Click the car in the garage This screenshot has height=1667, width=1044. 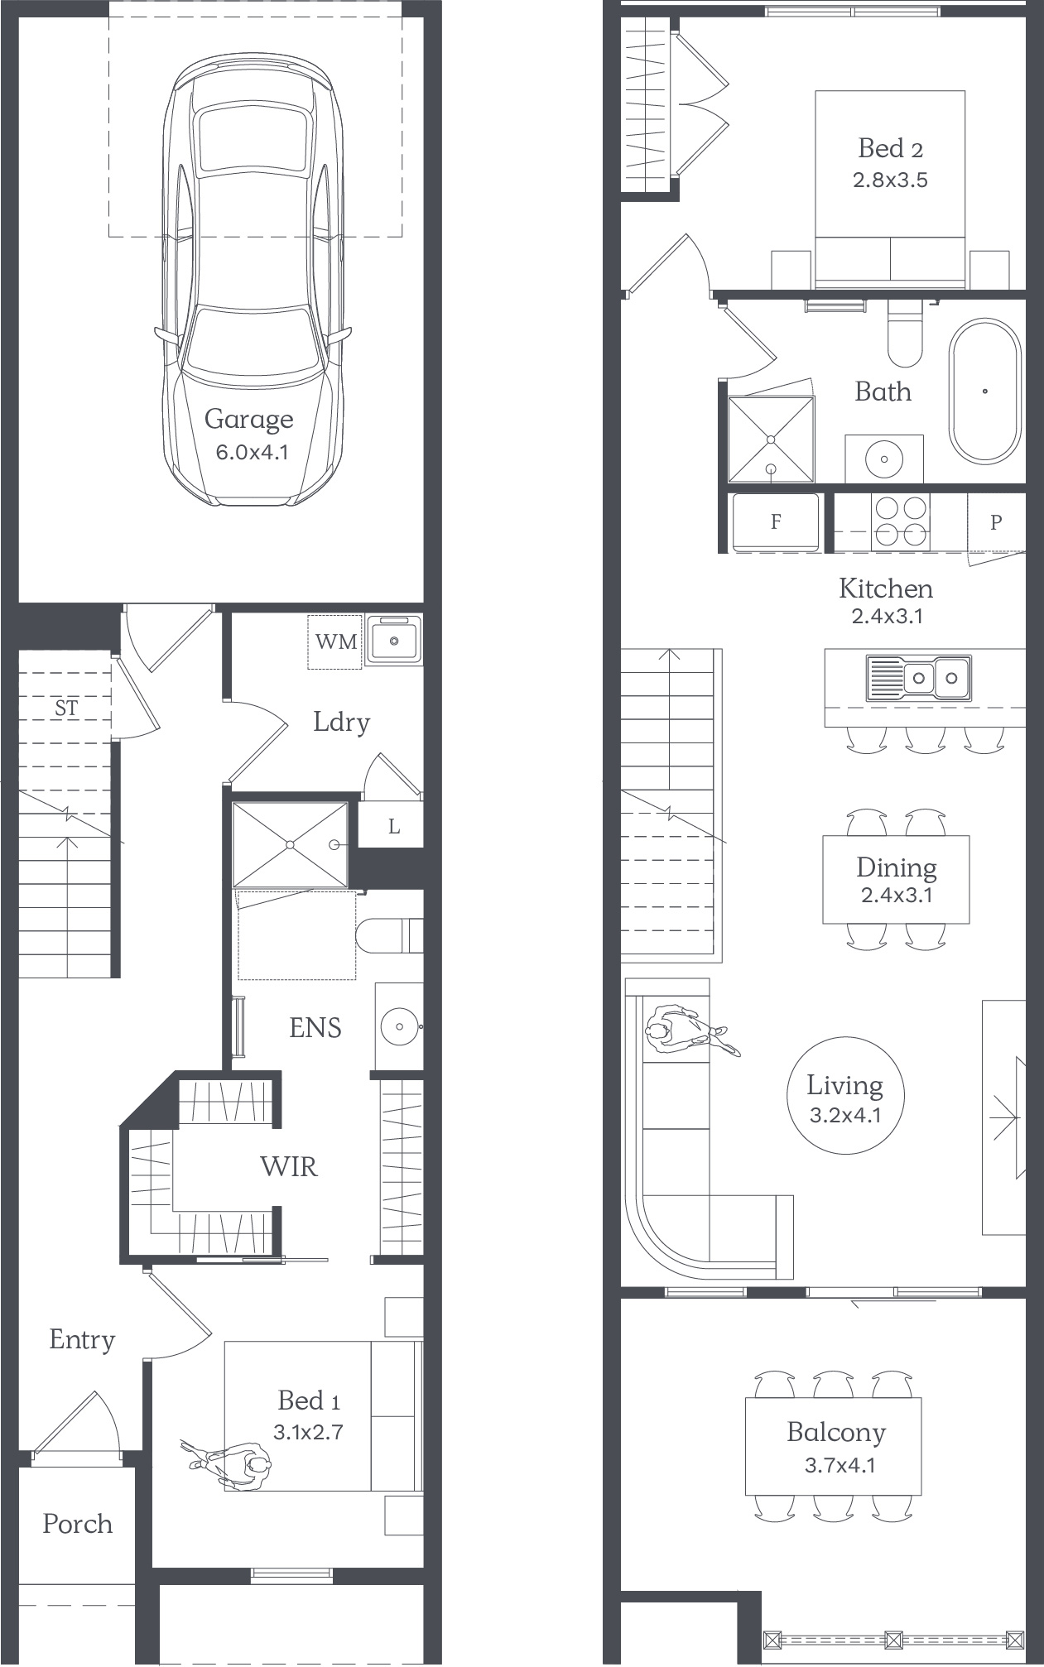[x=253, y=281]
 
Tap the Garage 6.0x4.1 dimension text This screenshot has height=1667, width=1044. [x=252, y=453]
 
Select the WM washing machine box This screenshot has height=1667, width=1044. [x=335, y=641]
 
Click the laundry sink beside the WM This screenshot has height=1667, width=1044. [x=394, y=640]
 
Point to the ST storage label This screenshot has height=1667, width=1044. [x=66, y=709]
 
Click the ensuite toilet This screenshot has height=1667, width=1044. [x=389, y=935]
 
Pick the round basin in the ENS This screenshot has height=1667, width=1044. [x=399, y=1026]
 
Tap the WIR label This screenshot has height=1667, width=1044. [x=288, y=1166]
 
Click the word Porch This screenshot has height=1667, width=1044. [x=77, y=1524]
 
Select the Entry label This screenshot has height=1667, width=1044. [x=82, y=1340]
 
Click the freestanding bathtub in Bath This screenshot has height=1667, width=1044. [x=984, y=391]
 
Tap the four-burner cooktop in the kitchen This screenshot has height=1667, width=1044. [x=901, y=521]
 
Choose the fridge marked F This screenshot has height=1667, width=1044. [x=776, y=521]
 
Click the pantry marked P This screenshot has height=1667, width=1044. [x=996, y=522]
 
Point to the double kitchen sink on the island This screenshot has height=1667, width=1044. [x=918, y=678]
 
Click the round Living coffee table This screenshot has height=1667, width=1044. [x=845, y=1096]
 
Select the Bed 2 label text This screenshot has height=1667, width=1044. [x=890, y=149]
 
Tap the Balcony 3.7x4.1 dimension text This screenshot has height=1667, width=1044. [x=840, y=1466]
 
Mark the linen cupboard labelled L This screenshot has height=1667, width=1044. [x=394, y=824]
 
